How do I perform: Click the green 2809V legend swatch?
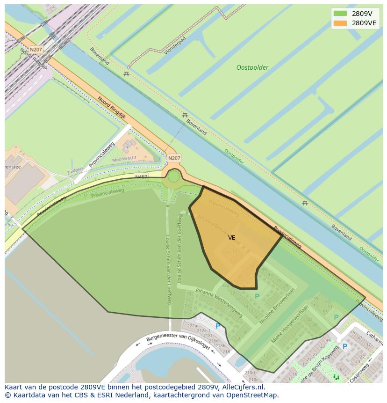pyautogui.click(x=340, y=14)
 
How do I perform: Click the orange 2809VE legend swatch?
pyautogui.click(x=340, y=23)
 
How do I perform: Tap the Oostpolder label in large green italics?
pyautogui.click(x=252, y=67)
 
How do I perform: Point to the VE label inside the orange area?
pyautogui.click(x=231, y=238)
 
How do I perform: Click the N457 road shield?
pyautogui.click(x=141, y=177)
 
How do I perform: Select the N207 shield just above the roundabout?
pyautogui.click(x=174, y=158)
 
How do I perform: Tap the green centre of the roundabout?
pyautogui.click(x=173, y=177)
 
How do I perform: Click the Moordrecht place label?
pyautogui.click(x=124, y=159)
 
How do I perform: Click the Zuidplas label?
pyautogui.click(x=75, y=171)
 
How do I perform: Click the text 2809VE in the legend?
pyautogui.click(x=364, y=23)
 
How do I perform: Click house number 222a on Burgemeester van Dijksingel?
pyautogui.click(x=192, y=326)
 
